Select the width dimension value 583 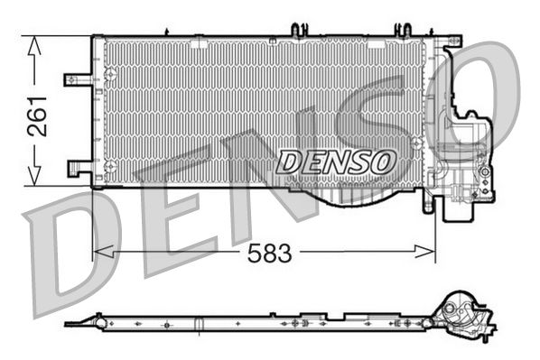270,254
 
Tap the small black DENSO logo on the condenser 336,162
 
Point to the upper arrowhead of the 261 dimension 35,45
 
